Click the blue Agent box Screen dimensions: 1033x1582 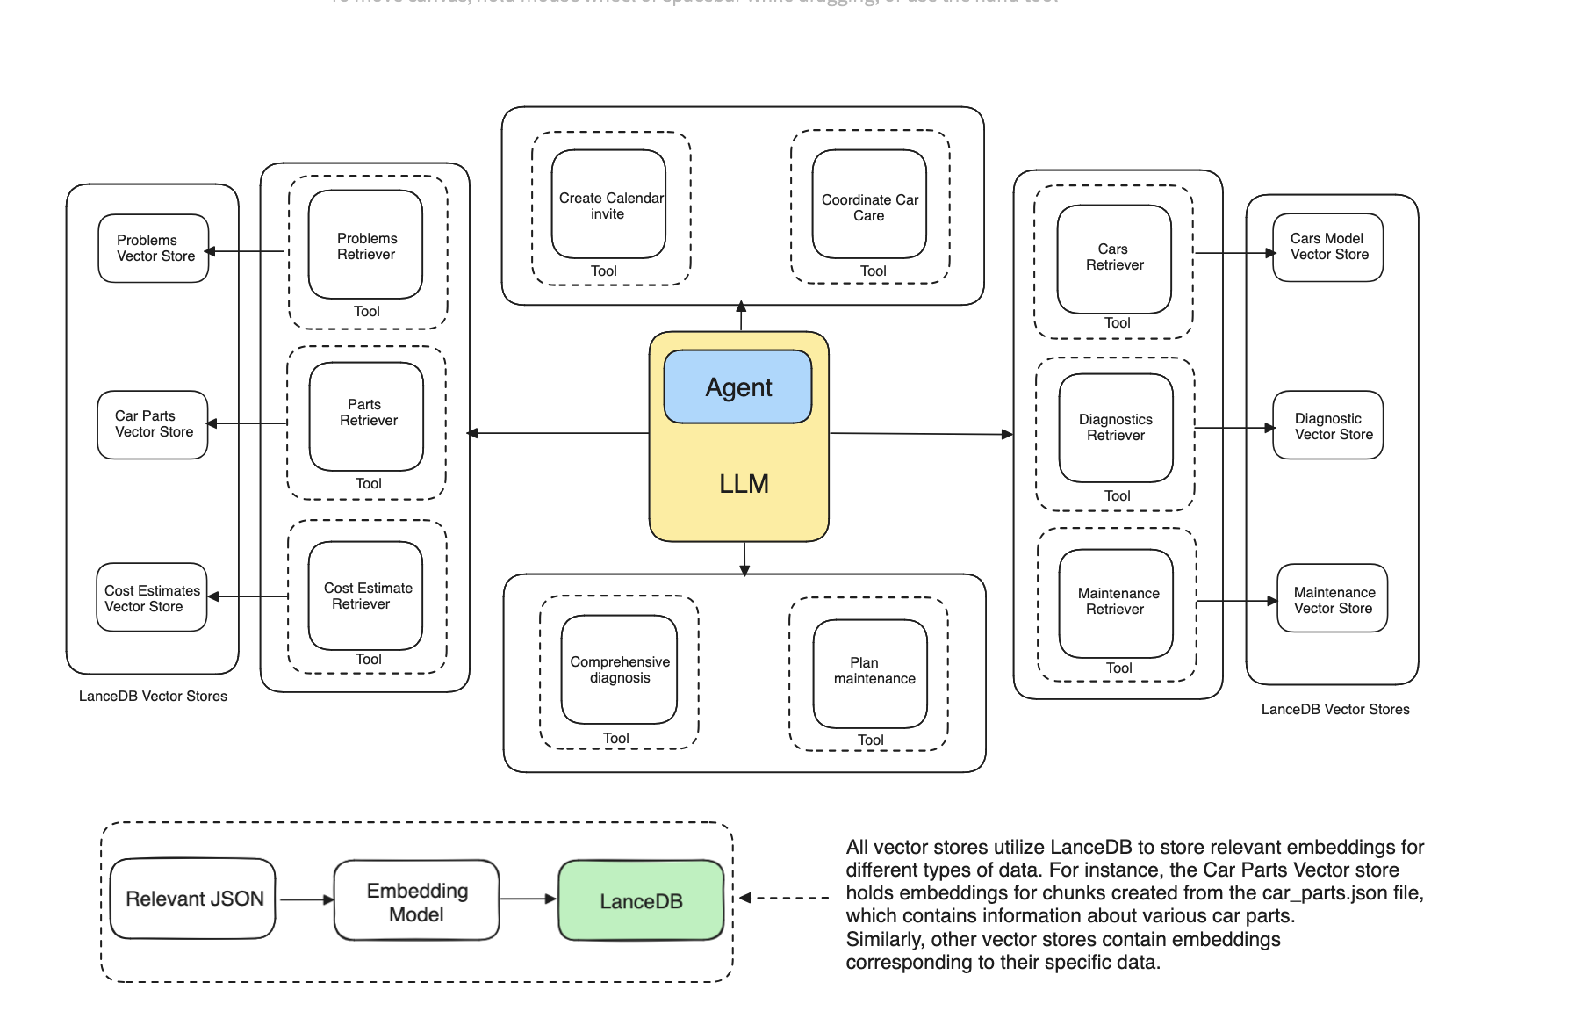click(737, 387)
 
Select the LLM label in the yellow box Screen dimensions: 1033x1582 click(744, 484)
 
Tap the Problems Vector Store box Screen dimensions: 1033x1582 click(154, 249)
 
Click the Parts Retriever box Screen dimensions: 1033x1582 click(367, 416)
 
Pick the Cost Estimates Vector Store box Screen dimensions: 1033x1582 click(152, 597)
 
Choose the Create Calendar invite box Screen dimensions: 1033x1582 click(608, 205)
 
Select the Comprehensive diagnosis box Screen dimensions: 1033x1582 click(619, 669)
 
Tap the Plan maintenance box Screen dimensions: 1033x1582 click(870, 673)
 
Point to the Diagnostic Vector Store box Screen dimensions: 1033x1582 click(1328, 426)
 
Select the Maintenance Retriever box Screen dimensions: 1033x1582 click(1116, 603)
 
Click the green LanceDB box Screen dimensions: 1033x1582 click(641, 901)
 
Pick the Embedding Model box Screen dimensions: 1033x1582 click(416, 901)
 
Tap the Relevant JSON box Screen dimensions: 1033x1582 click(193, 899)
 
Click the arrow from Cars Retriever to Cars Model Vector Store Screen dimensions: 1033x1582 click(1234, 253)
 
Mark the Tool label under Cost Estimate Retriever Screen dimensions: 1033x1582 click(368, 660)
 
